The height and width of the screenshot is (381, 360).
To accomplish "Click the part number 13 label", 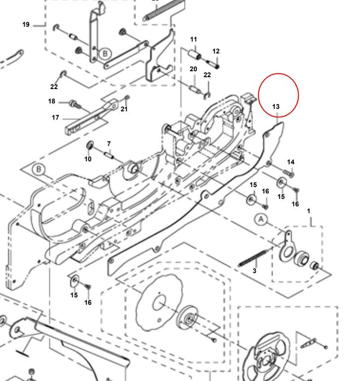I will coord(275,106).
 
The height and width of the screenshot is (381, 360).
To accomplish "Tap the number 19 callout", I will coord(26,24).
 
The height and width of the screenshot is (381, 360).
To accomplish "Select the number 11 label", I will coord(193,40).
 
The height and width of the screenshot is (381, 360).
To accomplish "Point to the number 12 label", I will coord(216,51).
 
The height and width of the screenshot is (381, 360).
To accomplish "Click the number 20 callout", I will coord(193,69).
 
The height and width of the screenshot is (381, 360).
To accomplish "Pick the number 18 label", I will coord(51,101).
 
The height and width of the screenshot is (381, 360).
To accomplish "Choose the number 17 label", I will coord(55,118).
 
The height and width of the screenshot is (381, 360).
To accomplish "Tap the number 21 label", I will coord(124,109).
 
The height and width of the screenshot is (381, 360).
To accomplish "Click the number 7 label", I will coord(108,143).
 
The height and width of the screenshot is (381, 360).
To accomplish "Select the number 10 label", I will coord(88,159).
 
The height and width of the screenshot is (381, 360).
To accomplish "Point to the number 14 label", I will coord(291,162).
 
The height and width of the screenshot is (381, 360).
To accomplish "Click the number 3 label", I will coord(255,271).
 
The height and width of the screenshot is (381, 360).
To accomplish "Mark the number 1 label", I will coord(309,211).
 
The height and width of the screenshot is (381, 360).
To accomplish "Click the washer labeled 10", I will coord(91,144).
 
